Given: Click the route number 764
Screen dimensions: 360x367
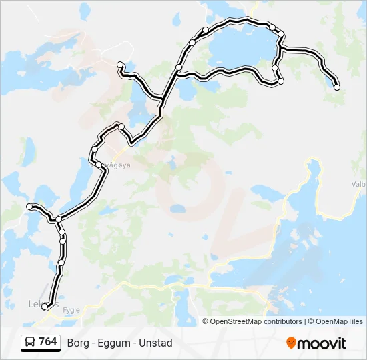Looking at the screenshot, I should pyautogui.click(x=47, y=342).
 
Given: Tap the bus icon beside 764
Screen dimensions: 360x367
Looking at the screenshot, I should pyautogui.click(x=30, y=343).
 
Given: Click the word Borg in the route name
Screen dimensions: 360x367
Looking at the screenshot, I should pyautogui.click(x=76, y=343).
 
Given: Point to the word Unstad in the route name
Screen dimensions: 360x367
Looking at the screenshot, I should pyautogui.click(x=157, y=343).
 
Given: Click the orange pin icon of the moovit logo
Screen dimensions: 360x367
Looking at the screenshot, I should pyautogui.click(x=291, y=343).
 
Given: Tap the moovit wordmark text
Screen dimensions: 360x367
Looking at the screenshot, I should pyautogui.click(x=322, y=344).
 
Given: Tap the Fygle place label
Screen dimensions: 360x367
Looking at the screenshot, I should pyautogui.click(x=71, y=310).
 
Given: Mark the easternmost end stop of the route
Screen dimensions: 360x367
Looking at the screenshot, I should pyautogui.click(x=337, y=87).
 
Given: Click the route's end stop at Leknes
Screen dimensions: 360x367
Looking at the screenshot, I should pyautogui.click(x=45, y=307).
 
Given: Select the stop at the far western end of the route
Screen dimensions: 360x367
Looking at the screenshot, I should pyautogui.click(x=29, y=207).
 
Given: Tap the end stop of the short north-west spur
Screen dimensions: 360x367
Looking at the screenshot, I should pyautogui.click(x=120, y=65).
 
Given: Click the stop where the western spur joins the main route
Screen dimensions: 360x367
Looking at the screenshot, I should pyautogui.click(x=59, y=219).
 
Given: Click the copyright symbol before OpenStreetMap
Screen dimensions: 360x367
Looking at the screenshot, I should pyautogui.click(x=206, y=321).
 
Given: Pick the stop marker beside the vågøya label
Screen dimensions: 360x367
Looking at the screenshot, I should pyautogui.click(x=99, y=164).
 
